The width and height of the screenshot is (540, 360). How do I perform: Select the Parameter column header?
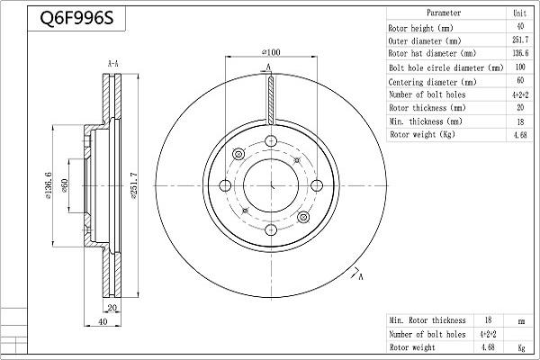(444, 13)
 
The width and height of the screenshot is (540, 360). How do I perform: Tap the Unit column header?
(519, 13)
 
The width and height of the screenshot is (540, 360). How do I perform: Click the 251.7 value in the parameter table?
(519, 40)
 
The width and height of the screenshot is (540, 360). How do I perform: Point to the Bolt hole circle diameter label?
(445, 67)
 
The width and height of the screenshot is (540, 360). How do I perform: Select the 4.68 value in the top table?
(519, 134)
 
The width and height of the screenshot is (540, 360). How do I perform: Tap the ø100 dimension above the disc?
(271, 53)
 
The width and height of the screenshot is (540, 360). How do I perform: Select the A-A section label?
(114, 64)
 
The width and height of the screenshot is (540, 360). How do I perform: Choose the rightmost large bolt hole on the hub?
(317, 186)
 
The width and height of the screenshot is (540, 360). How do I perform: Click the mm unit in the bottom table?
(519, 319)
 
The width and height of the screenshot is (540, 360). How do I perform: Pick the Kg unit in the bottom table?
(519, 346)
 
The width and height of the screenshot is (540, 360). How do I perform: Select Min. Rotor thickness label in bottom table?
(427, 319)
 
